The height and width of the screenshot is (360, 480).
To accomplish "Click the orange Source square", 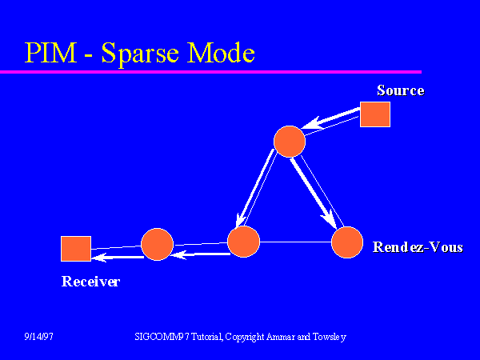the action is point(375,114).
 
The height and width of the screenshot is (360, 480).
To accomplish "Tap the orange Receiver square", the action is point(76,249).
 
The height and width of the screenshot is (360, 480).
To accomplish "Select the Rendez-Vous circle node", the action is point(347,242).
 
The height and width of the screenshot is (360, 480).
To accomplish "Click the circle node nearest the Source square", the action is point(290,142).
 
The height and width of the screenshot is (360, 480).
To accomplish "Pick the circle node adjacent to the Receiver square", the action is point(157,244).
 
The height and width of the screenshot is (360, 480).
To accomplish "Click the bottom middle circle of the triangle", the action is point(244,242).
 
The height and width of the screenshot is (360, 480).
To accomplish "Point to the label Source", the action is point(401,90).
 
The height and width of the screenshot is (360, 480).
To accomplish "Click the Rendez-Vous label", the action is point(418,247).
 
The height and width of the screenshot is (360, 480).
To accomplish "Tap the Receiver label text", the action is point(91,282).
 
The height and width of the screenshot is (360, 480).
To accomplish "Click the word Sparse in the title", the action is point(140,54).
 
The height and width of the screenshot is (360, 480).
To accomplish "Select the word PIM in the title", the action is point(51,53).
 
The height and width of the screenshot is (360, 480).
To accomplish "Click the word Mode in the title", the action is point(221,53).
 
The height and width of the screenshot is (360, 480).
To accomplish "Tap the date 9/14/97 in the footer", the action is point(38,337).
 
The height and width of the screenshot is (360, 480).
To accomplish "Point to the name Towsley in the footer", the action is point(330,338).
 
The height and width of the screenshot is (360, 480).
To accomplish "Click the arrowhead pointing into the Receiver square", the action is point(99,258).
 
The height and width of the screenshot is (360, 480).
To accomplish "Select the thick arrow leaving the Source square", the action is point(331,118).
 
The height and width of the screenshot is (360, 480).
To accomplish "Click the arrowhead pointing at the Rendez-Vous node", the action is point(330,220).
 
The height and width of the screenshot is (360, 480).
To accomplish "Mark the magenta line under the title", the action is point(210,72).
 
